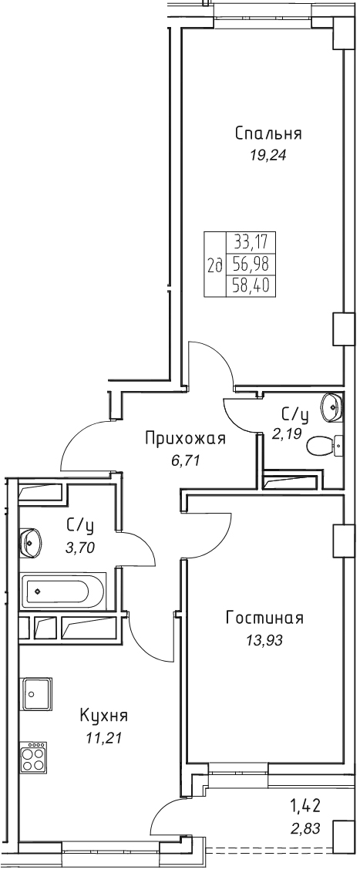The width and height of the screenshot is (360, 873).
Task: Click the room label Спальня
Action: pyautogui.click(x=268, y=134)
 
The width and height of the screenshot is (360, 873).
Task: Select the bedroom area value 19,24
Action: pyautogui.click(x=268, y=156)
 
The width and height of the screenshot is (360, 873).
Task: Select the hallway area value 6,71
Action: pyautogui.click(x=185, y=460)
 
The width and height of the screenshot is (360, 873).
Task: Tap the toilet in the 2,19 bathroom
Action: pyautogui.click(x=325, y=446)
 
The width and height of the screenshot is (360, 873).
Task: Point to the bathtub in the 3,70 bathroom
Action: pyautogui.click(x=62, y=591)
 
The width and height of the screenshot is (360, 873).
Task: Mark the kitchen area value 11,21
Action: pyautogui.click(x=104, y=738)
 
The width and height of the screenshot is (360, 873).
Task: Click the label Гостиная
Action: pyautogui.click(x=264, y=619)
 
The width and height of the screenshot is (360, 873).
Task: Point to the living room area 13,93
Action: pyautogui.click(x=264, y=640)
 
